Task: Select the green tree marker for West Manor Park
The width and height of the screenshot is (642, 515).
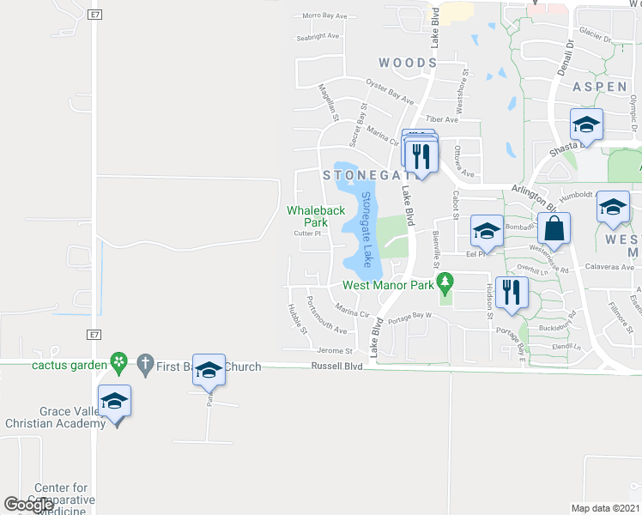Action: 445,281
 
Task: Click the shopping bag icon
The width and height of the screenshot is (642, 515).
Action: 554,229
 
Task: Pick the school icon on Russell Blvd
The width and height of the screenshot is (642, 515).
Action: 209,370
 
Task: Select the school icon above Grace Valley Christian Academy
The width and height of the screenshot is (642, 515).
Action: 114,401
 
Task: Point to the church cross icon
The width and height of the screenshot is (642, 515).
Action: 145,366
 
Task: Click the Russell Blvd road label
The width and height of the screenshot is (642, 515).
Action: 336,367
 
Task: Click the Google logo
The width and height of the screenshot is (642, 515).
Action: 29,505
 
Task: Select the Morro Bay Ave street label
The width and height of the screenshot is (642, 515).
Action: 324,15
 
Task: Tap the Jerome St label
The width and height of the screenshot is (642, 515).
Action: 336,351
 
